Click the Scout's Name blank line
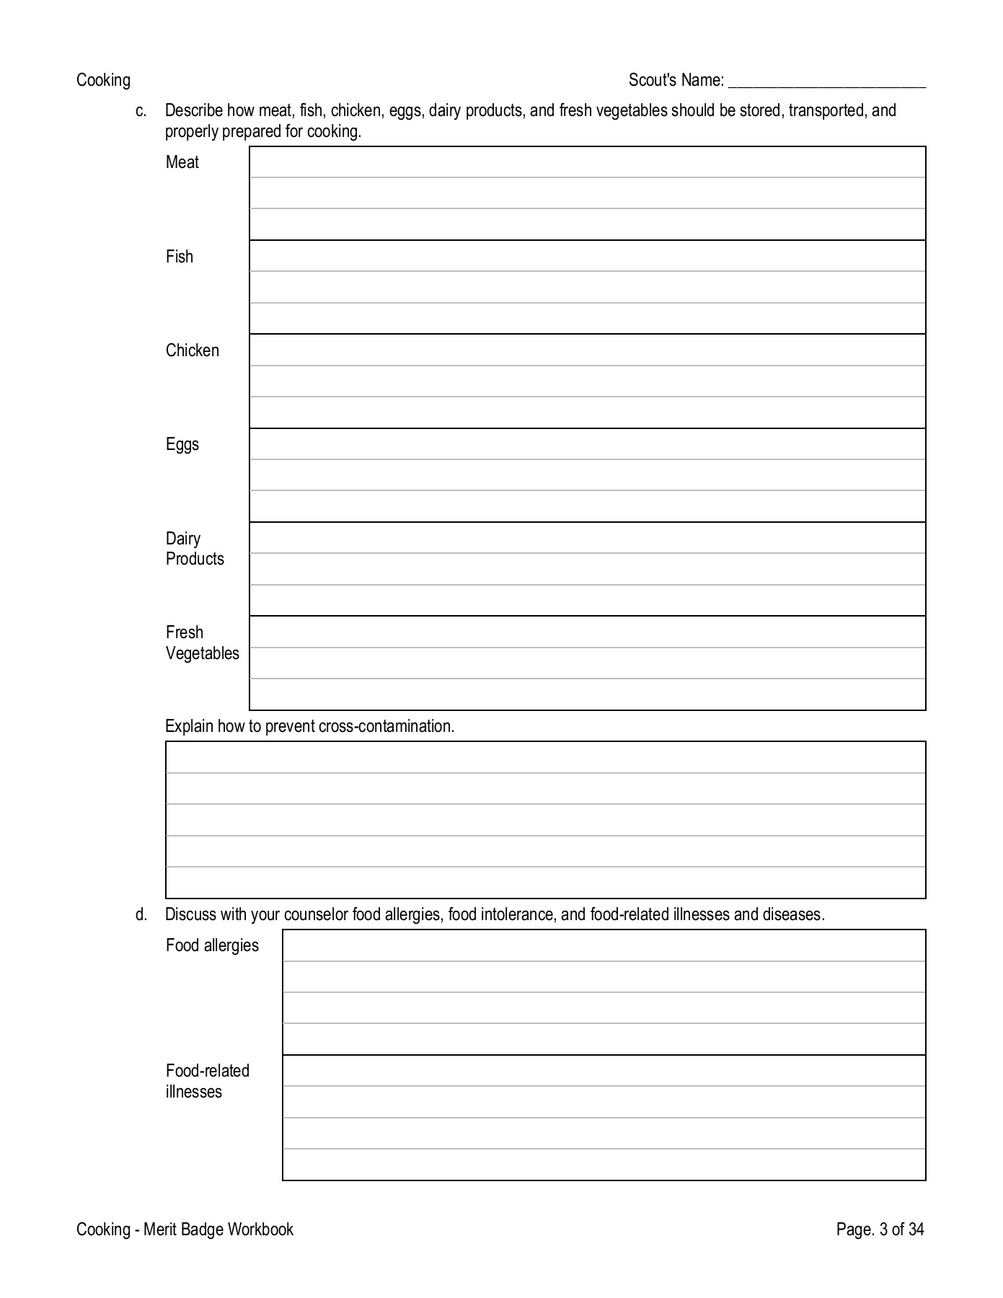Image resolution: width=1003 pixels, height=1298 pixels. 826,81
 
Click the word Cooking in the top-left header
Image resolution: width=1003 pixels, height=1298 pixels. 103,80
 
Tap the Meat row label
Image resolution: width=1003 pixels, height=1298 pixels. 182,162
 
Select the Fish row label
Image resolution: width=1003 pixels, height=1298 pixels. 180,257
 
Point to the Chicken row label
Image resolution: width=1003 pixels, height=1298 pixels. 192,350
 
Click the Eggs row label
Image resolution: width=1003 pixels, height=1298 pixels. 182,444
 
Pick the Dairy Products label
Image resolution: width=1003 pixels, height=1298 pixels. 194,549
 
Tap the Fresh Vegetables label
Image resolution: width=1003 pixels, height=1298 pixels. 202,643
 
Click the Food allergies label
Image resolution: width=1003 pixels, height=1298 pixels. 212,945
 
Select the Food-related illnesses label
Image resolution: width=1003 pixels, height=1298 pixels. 207,1081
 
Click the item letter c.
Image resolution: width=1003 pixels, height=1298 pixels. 141,111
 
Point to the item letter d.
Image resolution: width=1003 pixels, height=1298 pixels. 141,914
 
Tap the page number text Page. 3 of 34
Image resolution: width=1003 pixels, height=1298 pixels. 880,1229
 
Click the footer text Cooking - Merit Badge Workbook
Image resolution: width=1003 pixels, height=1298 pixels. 185,1229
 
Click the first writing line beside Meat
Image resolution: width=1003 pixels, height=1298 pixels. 587,162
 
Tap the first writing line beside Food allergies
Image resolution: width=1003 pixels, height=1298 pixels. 604,945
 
